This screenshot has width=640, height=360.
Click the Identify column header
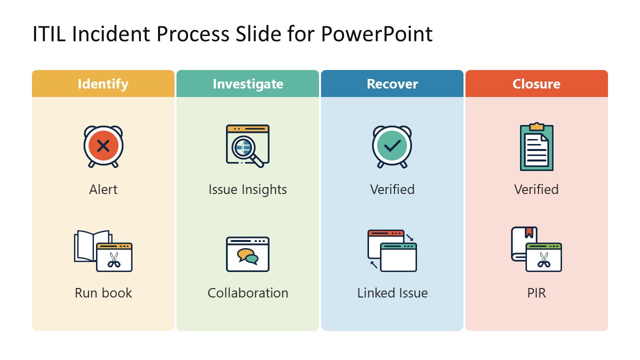pos(103,84)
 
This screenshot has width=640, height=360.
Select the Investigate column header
pos(247,84)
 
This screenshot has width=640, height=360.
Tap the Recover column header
pos(392,84)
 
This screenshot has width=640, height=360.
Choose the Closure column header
pos(536,84)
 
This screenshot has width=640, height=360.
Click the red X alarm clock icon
pos(103,146)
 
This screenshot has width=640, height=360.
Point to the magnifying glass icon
pos(247,145)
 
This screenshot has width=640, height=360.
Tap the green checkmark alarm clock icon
pos(392,146)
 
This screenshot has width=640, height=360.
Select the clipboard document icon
pos(536,146)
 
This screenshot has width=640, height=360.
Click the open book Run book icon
pos(103,250)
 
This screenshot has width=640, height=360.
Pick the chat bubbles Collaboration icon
pos(247,254)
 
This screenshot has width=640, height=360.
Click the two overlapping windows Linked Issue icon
pos(392,250)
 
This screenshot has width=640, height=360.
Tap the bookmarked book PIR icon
pos(536,249)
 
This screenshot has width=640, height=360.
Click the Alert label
pos(103,189)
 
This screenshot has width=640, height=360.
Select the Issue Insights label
pos(247,189)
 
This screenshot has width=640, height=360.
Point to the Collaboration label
pos(247,292)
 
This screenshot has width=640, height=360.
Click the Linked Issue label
pos(392,292)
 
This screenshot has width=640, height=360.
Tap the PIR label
pos(536,292)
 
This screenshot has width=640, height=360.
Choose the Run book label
pos(103,292)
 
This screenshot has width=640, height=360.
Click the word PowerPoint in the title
pos(376,34)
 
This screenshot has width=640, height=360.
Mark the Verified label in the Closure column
pos(536,189)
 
